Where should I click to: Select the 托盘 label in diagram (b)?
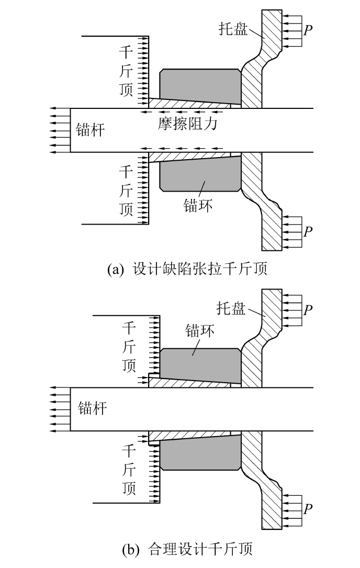[x=231, y=308]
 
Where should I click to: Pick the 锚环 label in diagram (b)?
[x=200, y=331]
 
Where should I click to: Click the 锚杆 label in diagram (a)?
[x=90, y=130]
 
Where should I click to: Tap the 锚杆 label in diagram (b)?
[x=92, y=408]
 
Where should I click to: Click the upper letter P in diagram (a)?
[x=309, y=30]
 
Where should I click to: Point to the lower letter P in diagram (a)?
[x=309, y=231]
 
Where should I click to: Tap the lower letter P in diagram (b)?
[x=309, y=508]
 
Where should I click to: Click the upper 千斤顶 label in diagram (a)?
[x=127, y=71]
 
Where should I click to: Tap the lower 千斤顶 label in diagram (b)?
[x=129, y=470]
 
